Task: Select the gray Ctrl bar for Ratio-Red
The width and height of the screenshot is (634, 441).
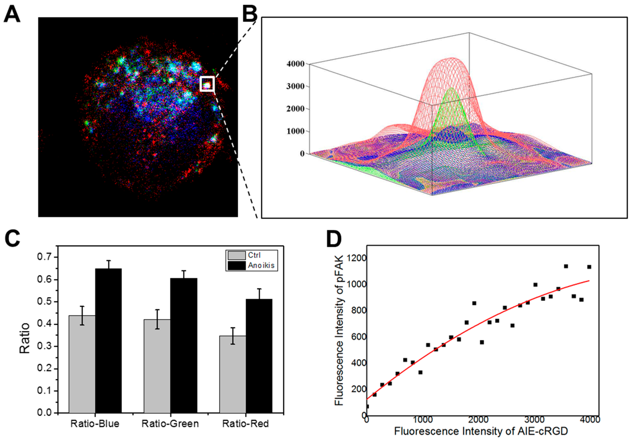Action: click(233, 374)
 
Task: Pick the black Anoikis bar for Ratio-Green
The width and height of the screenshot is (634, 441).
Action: click(184, 345)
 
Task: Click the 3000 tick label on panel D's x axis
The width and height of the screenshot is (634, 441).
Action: click(534, 419)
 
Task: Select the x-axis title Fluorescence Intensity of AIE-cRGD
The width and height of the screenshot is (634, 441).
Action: click(481, 431)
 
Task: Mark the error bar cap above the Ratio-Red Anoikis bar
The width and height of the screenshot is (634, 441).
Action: click(259, 289)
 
